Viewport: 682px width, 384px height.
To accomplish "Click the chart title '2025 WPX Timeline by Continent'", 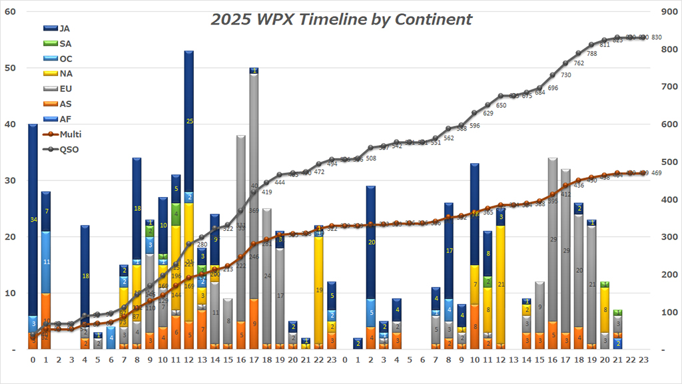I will coord(341,19).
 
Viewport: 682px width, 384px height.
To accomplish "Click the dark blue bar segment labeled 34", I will coord(33,220).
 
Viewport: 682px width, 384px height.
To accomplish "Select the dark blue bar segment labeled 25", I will coord(189,121).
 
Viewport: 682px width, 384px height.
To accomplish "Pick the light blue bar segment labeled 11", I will coord(46,262).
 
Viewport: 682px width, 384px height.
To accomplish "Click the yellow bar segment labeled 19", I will coord(319,289).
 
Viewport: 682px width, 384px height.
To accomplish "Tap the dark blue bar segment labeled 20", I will coord(371,242).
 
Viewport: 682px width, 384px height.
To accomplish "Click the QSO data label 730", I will coord(565,75).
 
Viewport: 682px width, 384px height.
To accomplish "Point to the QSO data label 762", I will coord(579,63).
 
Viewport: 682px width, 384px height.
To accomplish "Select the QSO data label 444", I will coord(280,182).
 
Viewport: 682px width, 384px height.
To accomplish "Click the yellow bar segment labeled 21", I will coord(502,284).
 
